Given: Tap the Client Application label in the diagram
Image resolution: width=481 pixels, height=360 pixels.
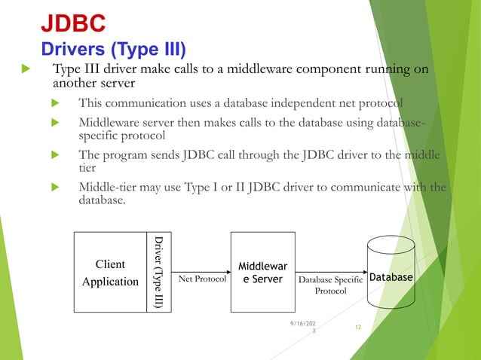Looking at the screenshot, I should [x=110, y=273].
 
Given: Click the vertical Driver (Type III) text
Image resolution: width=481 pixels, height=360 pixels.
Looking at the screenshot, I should [x=158, y=272].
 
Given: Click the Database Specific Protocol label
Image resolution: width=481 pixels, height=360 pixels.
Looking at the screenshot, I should [x=330, y=285].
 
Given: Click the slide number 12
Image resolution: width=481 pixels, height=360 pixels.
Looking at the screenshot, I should [x=359, y=328].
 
